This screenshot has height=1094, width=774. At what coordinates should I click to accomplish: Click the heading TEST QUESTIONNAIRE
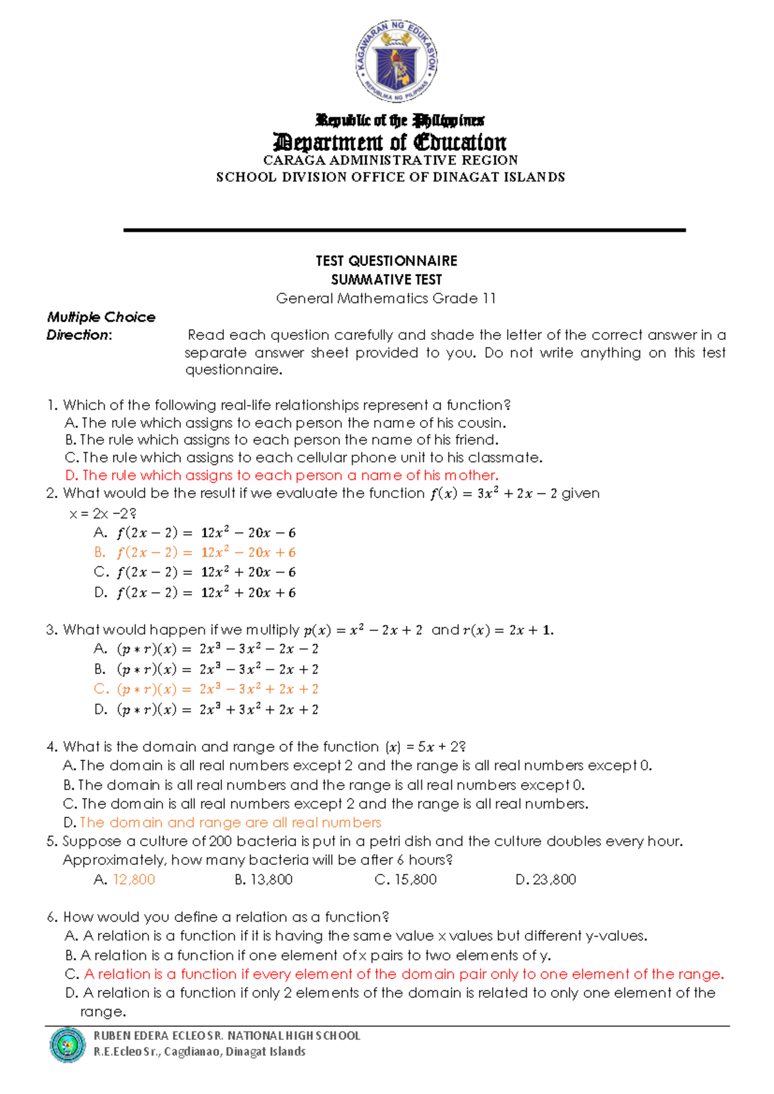point(386,261)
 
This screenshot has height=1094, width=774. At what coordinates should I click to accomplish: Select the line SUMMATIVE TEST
point(386,280)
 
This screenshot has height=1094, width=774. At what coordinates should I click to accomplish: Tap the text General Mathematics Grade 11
point(386,299)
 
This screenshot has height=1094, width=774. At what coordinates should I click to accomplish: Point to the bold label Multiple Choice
point(101,317)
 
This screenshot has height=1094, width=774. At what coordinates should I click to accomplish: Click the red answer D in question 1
point(282,475)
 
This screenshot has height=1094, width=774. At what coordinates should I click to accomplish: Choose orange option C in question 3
point(206,690)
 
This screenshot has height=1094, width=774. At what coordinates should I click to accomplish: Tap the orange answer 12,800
point(134,880)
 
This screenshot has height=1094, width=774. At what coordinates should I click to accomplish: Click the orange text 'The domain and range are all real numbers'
point(230,823)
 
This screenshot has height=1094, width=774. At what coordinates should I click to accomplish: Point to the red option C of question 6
point(404,975)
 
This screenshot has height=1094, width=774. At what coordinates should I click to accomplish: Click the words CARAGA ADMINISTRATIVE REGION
point(390,160)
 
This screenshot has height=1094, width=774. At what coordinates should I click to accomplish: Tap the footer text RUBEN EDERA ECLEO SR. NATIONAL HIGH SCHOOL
point(227,1036)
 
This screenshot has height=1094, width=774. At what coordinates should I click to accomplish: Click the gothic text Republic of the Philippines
point(400,121)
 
